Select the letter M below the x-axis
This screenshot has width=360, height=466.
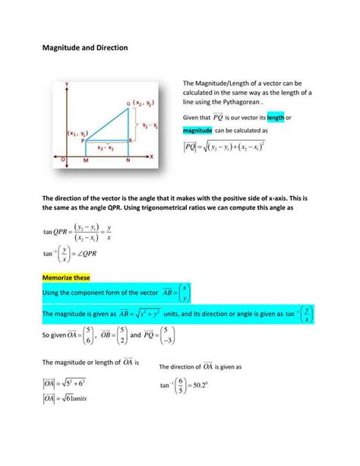(x=86, y=162)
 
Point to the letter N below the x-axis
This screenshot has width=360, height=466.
(x=127, y=162)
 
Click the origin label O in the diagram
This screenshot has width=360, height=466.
(x=62, y=160)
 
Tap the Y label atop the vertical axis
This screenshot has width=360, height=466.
(x=69, y=81)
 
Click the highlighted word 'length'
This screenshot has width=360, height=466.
(x=276, y=117)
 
